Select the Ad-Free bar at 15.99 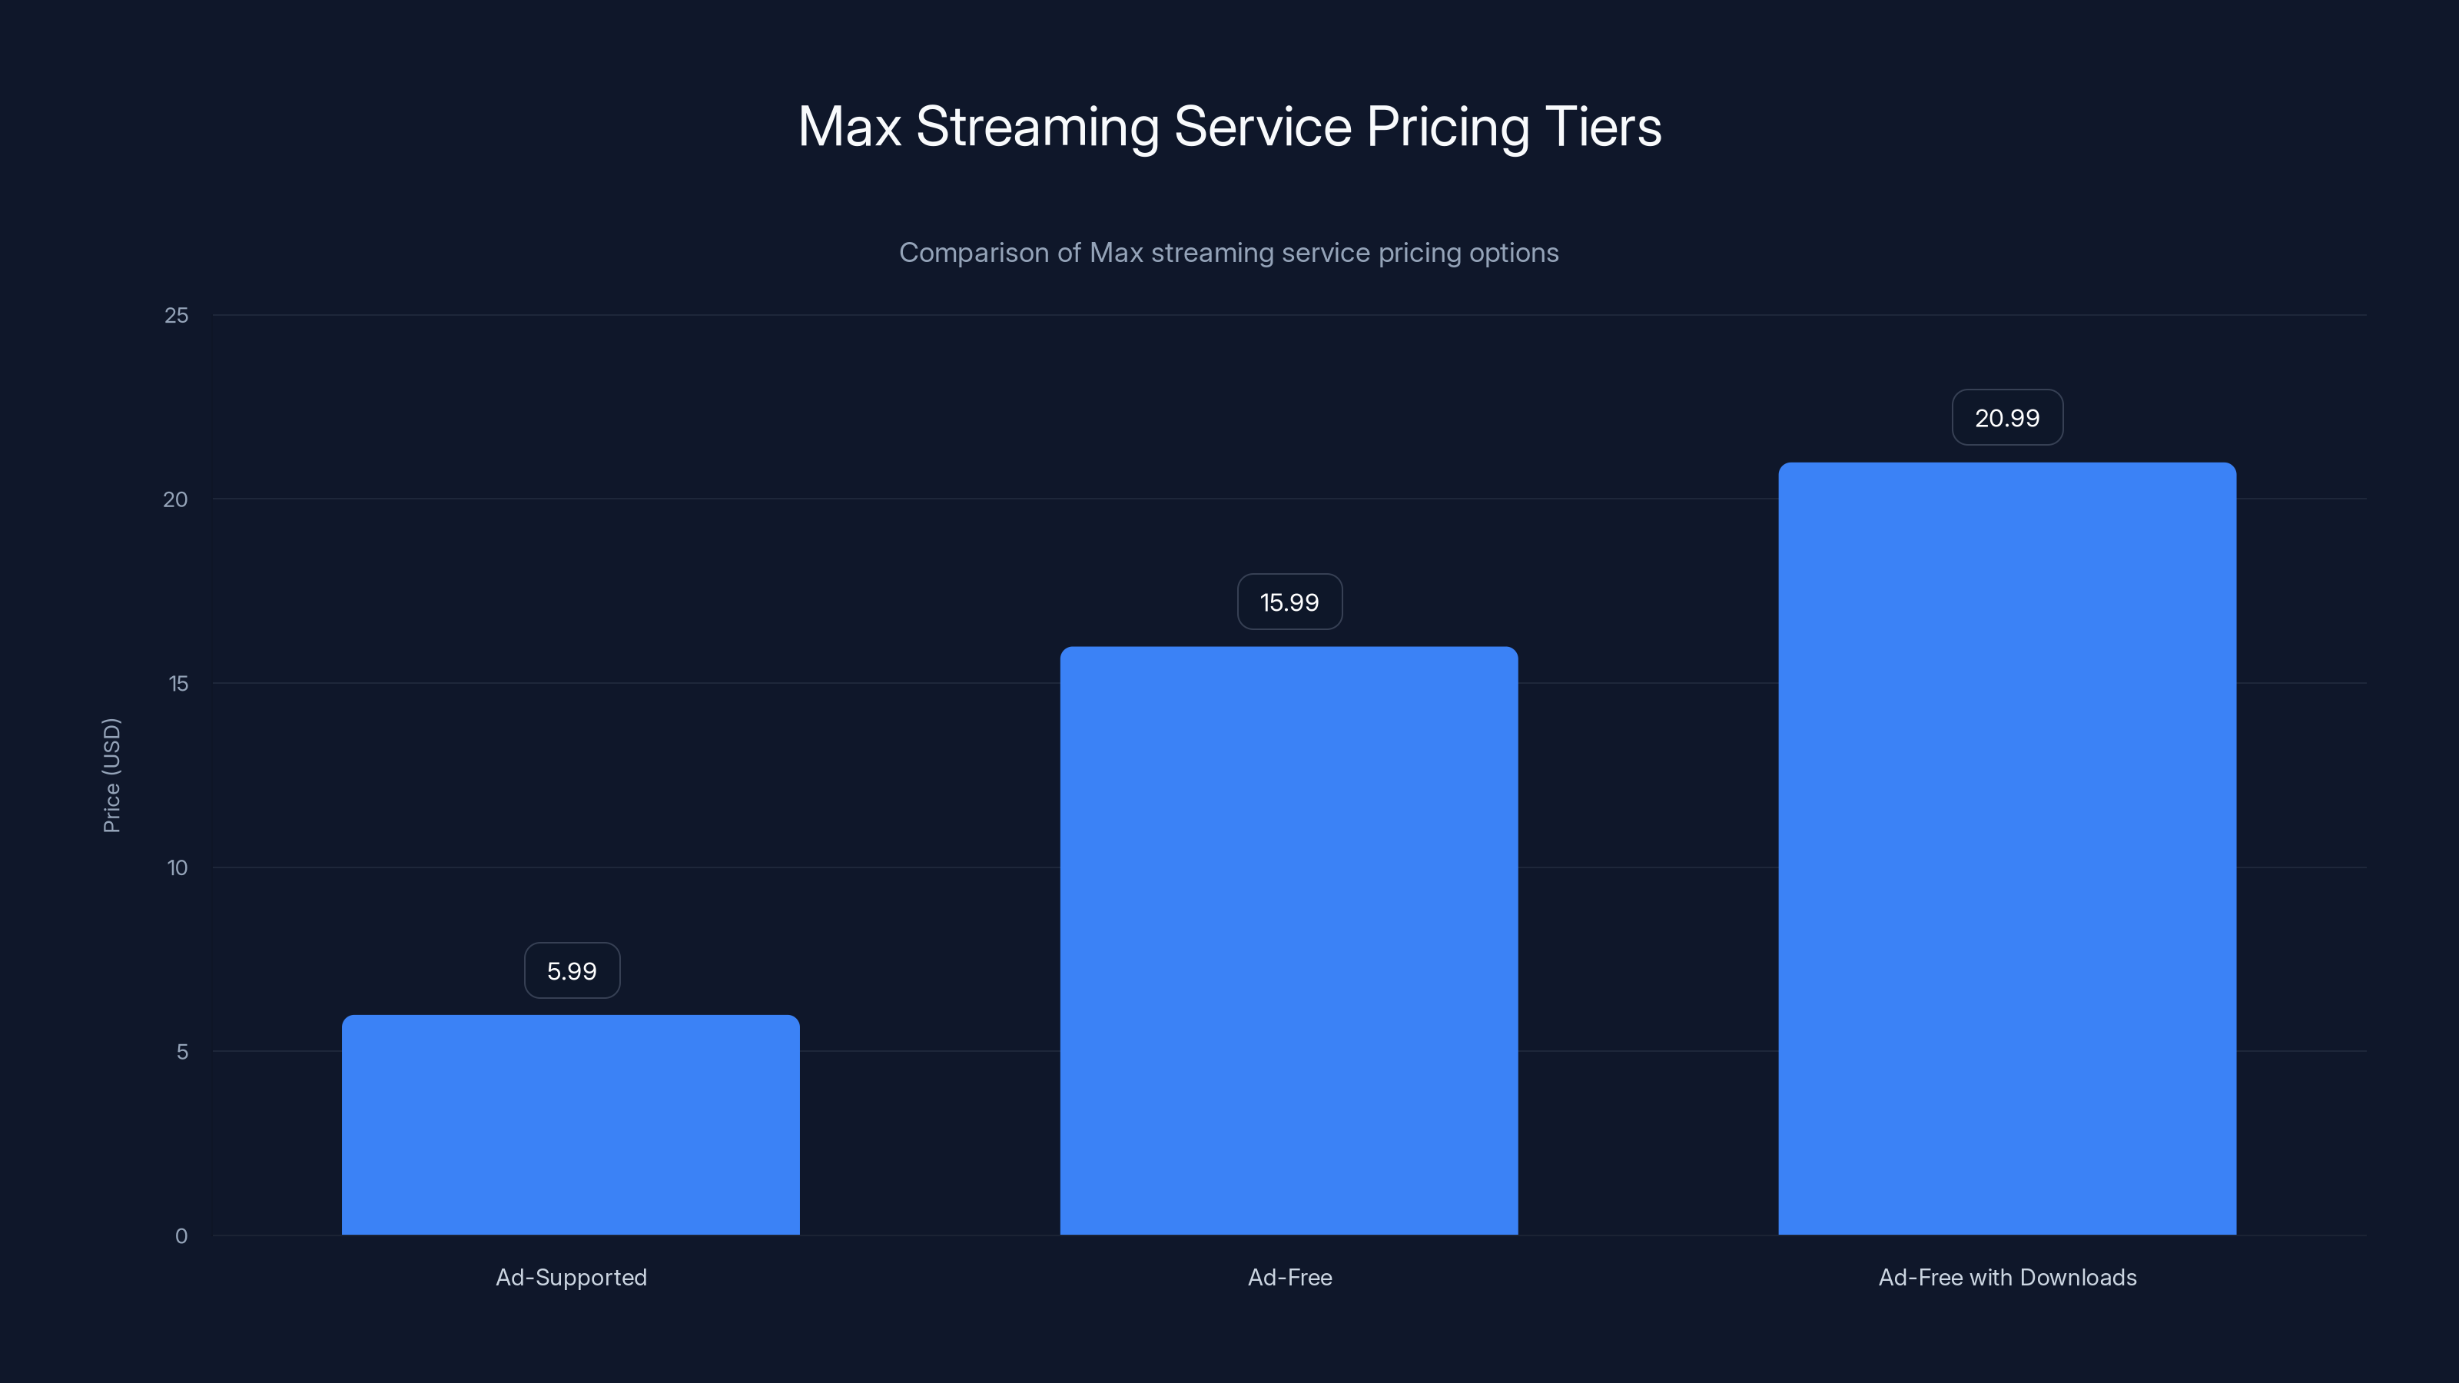[1289, 940]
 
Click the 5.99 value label [572, 970]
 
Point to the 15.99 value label [1289, 602]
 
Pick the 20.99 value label [2006, 418]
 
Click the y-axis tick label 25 [177, 316]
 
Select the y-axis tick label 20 [176, 500]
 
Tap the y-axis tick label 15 [178, 683]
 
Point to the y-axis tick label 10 [178, 867]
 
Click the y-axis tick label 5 [181, 1052]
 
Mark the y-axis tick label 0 [181, 1236]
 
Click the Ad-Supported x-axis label [571, 1277]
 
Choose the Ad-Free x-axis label [1289, 1277]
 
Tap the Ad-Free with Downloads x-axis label [2006, 1277]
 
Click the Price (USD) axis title [111, 775]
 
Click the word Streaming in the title [1037, 128]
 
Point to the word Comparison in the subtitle [973, 253]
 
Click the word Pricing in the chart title [1447, 128]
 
